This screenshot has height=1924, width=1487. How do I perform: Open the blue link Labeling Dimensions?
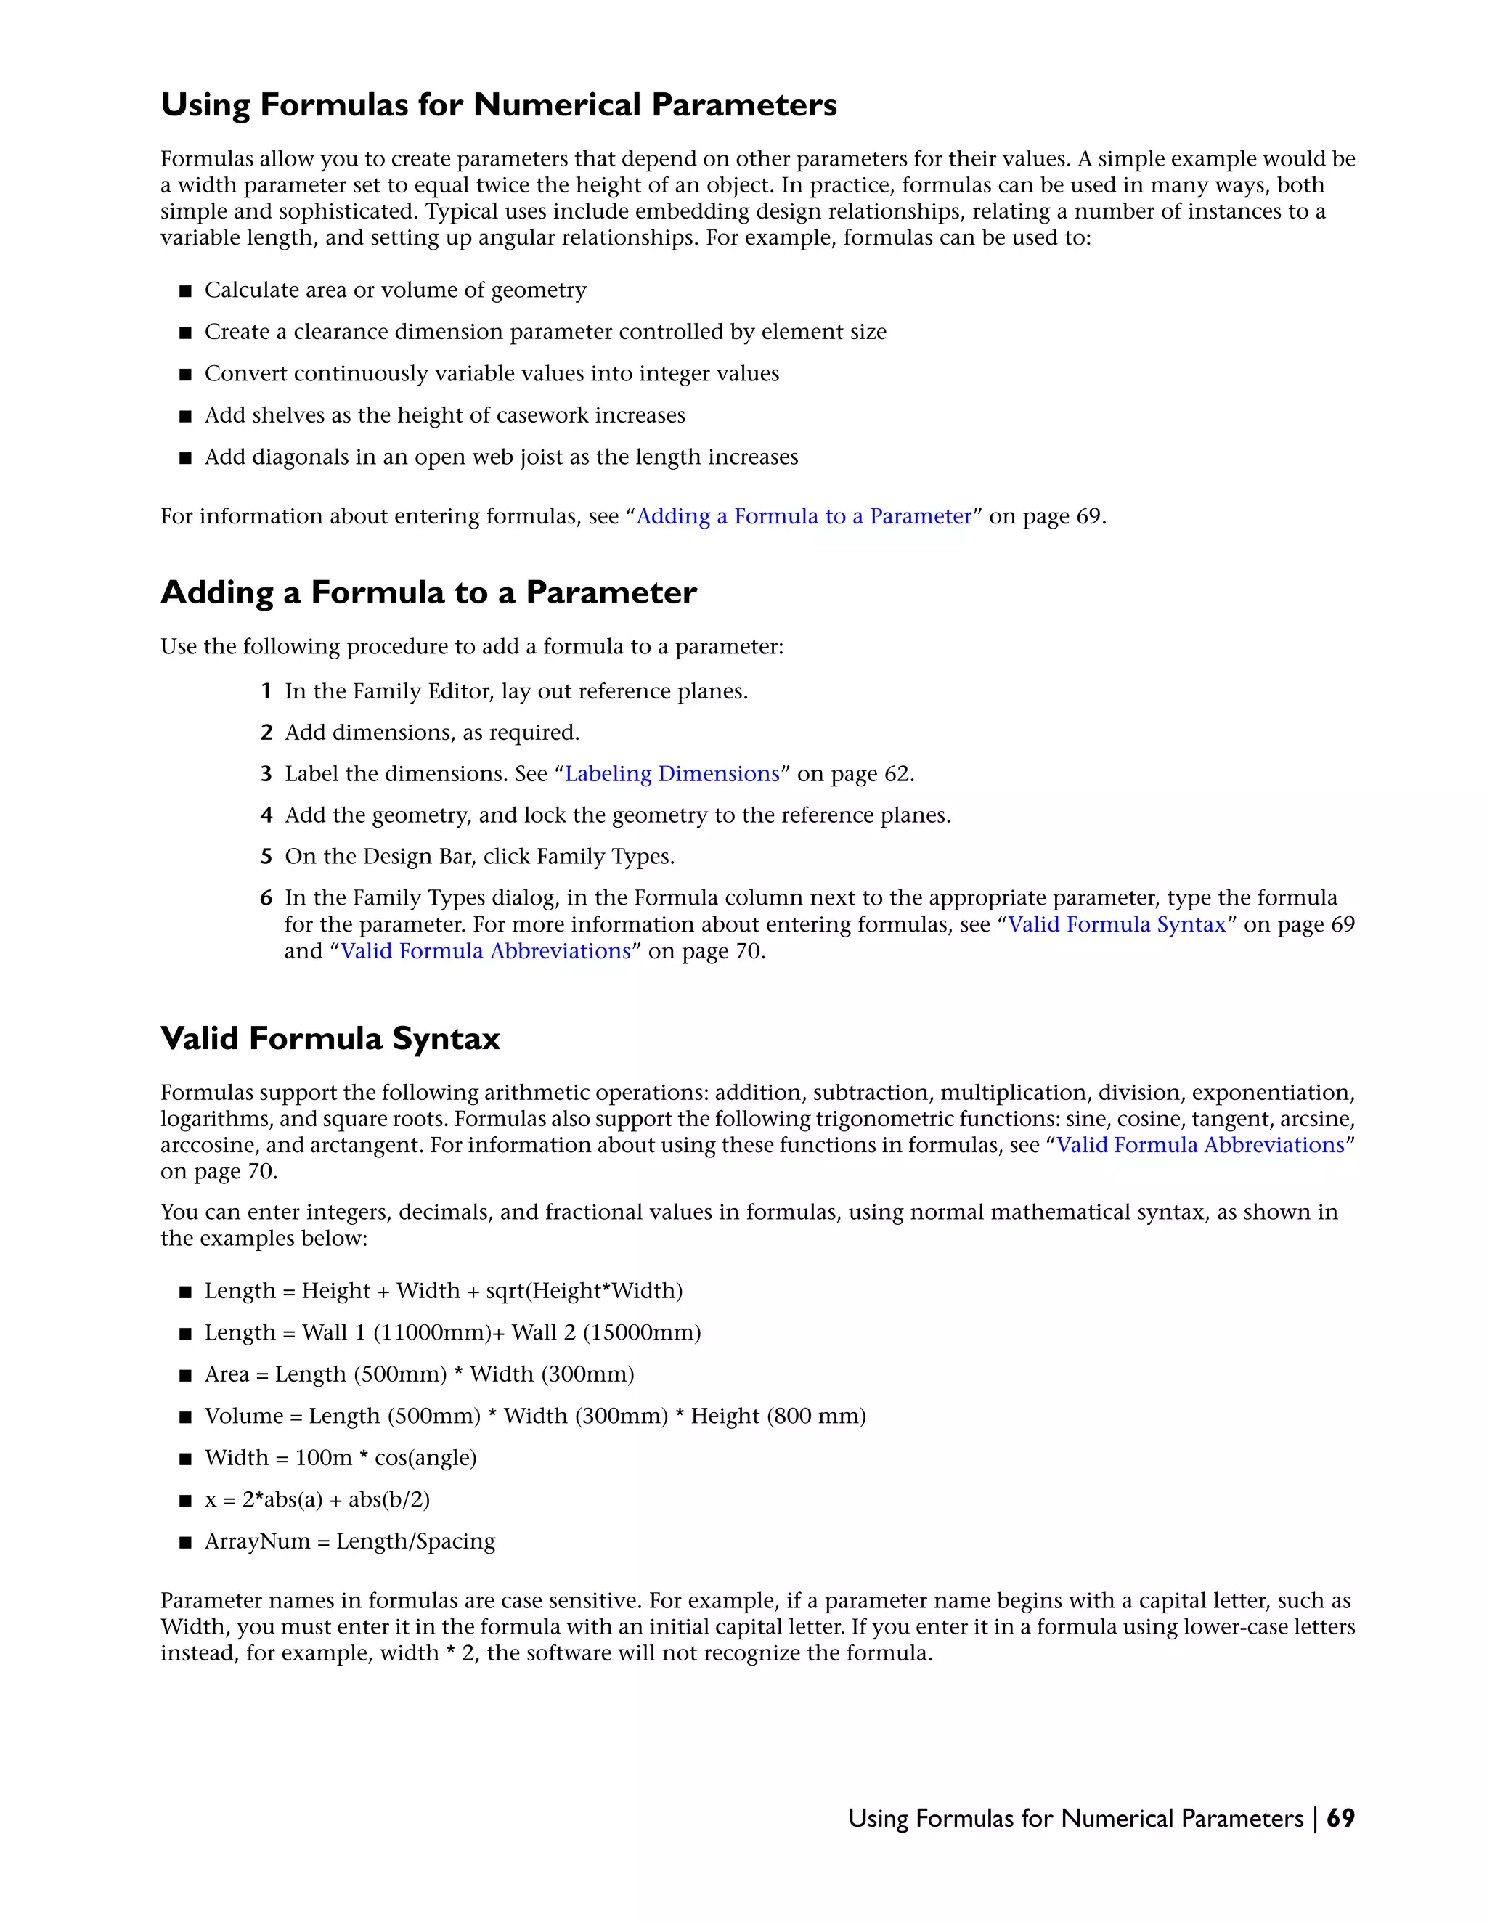tap(672, 773)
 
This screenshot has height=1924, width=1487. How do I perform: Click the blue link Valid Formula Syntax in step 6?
tap(1117, 924)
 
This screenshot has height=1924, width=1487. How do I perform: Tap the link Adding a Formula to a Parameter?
tap(804, 516)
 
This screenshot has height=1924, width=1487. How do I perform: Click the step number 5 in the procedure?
tap(266, 856)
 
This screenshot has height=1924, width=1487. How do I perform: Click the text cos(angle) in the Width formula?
tap(425, 1458)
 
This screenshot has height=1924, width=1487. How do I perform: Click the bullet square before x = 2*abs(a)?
tap(185, 1500)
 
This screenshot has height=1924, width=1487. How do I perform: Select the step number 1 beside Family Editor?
tap(266, 691)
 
